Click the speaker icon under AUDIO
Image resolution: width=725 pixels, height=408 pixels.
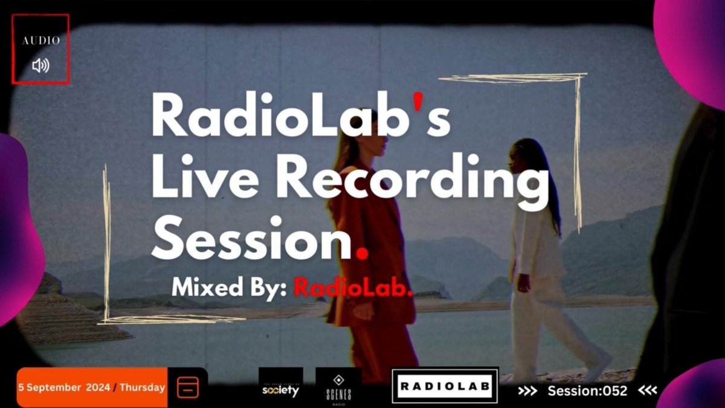coord(40,65)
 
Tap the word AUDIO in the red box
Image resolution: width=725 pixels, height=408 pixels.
coord(41,41)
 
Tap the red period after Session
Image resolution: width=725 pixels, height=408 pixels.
coord(362,253)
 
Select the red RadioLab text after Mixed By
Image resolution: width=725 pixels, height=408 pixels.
coord(352,288)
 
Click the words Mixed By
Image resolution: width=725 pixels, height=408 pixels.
coord(230,288)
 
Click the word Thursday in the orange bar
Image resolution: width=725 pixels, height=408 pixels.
coord(142,387)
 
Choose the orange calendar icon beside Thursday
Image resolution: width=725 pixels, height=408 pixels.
coord(187,387)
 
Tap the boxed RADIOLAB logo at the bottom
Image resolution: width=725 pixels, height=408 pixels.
coord(445,386)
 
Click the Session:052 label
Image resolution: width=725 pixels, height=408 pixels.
coord(587,391)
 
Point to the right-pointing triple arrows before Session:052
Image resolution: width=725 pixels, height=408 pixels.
coord(527,391)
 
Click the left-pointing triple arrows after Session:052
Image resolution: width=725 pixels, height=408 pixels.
coord(648,391)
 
